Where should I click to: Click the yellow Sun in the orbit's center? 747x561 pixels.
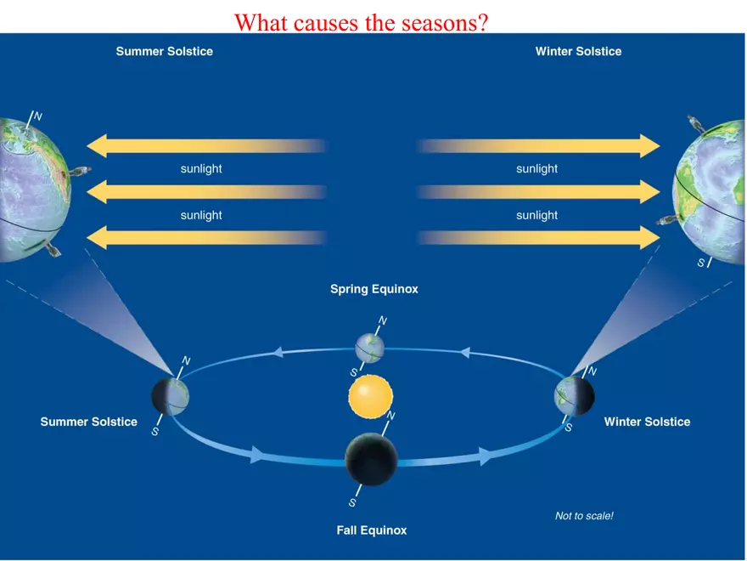[371, 397]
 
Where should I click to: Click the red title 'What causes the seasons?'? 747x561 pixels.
[361, 22]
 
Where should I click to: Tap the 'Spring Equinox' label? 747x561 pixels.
[374, 289]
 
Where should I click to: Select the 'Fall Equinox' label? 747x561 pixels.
[372, 530]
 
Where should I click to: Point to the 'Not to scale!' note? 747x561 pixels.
[584, 516]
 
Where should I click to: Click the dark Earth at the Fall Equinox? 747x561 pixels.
[371, 459]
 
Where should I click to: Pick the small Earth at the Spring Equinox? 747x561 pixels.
[370, 348]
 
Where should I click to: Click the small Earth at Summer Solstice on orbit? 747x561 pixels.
[170, 396]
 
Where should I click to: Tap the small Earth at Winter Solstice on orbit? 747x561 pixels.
[575, 396]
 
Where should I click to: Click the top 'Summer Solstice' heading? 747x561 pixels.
[165, 52]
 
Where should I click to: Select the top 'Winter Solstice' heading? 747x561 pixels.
[578, 52]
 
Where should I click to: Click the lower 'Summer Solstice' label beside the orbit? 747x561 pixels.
[88, 422]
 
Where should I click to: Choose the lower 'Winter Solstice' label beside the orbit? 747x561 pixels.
[647, 422]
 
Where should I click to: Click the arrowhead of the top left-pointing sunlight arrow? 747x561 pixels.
[97, 146]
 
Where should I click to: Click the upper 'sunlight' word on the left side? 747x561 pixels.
[201, 169]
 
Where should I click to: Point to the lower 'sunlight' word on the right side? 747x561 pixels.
[536, 216]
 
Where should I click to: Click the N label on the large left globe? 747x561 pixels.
[38, 116]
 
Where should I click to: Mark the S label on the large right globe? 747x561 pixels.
[701, 263]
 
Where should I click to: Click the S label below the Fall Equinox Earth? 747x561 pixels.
[352, 503]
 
